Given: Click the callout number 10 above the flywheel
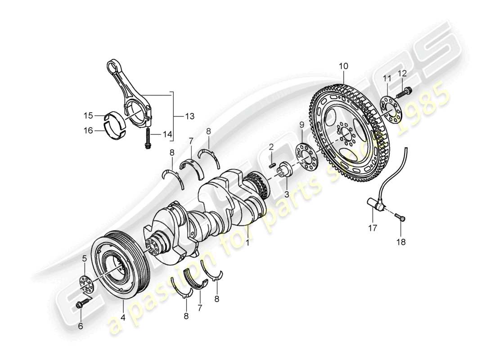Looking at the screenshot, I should coord(343,66).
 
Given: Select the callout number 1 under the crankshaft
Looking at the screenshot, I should coord(247,243).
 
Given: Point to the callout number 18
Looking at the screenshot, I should coord(401,242).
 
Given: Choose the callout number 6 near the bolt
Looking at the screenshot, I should coord(81,326).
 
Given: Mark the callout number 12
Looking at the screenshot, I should coord(402,73).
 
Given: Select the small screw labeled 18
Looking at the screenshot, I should coord(401,218).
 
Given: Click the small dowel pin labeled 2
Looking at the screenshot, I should coord(272,165).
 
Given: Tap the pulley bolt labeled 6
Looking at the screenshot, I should coord(85,305).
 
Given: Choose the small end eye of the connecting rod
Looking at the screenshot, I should coord(113,66).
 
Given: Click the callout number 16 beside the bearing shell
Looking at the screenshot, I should coord(88,130).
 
